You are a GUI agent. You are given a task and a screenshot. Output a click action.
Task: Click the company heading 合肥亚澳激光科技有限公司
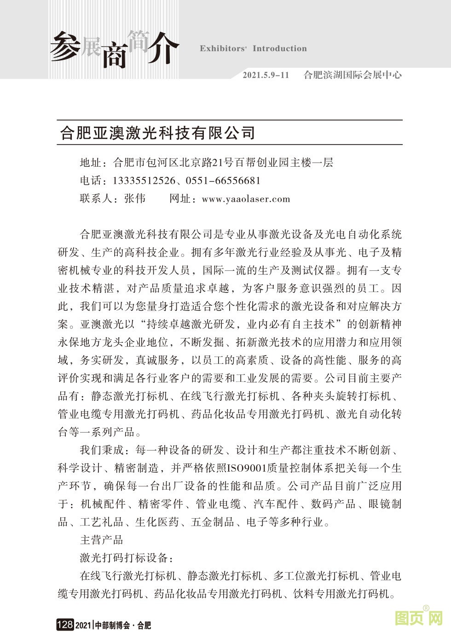tap(158, 133)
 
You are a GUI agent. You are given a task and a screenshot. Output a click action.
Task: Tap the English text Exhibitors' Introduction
tap(253, 49)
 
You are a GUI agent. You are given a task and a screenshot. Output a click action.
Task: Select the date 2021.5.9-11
tap(266, 75)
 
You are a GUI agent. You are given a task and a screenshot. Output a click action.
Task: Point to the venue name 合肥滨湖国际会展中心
tap(353, 75)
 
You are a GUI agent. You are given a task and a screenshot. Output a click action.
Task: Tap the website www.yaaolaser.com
tap(246, 199)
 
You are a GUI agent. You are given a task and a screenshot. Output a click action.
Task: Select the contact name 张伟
tap(135, 199)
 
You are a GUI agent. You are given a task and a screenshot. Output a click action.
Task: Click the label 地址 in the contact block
tap(91, 162)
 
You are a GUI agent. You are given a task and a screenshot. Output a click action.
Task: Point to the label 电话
tap(91, 181)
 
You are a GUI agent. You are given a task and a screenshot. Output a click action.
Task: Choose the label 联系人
tap(96, 199)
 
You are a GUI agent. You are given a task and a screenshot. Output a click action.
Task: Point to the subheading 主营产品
tap(102, 539)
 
